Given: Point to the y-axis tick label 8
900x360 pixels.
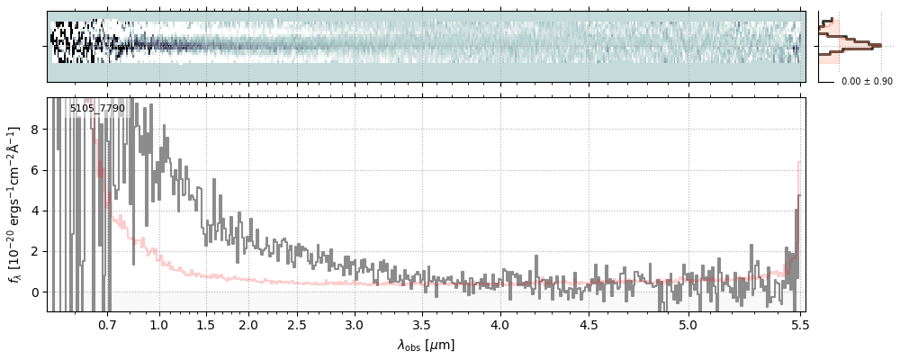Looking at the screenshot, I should click(x=34, y=130).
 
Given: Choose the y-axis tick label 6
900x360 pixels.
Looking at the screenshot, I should click(x=34, y=170).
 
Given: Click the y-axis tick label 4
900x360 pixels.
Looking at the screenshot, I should click(x=34, y=211).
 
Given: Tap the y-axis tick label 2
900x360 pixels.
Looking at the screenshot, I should click(x=34, y=251).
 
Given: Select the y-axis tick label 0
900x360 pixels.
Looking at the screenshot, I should click(x=34, y=292).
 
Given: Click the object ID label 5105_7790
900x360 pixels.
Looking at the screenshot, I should click(x=97, y=109).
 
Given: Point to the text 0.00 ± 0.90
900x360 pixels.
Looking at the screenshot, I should click(x=867, y=82).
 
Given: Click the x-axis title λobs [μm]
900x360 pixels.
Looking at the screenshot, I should click(x=426, y=345).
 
